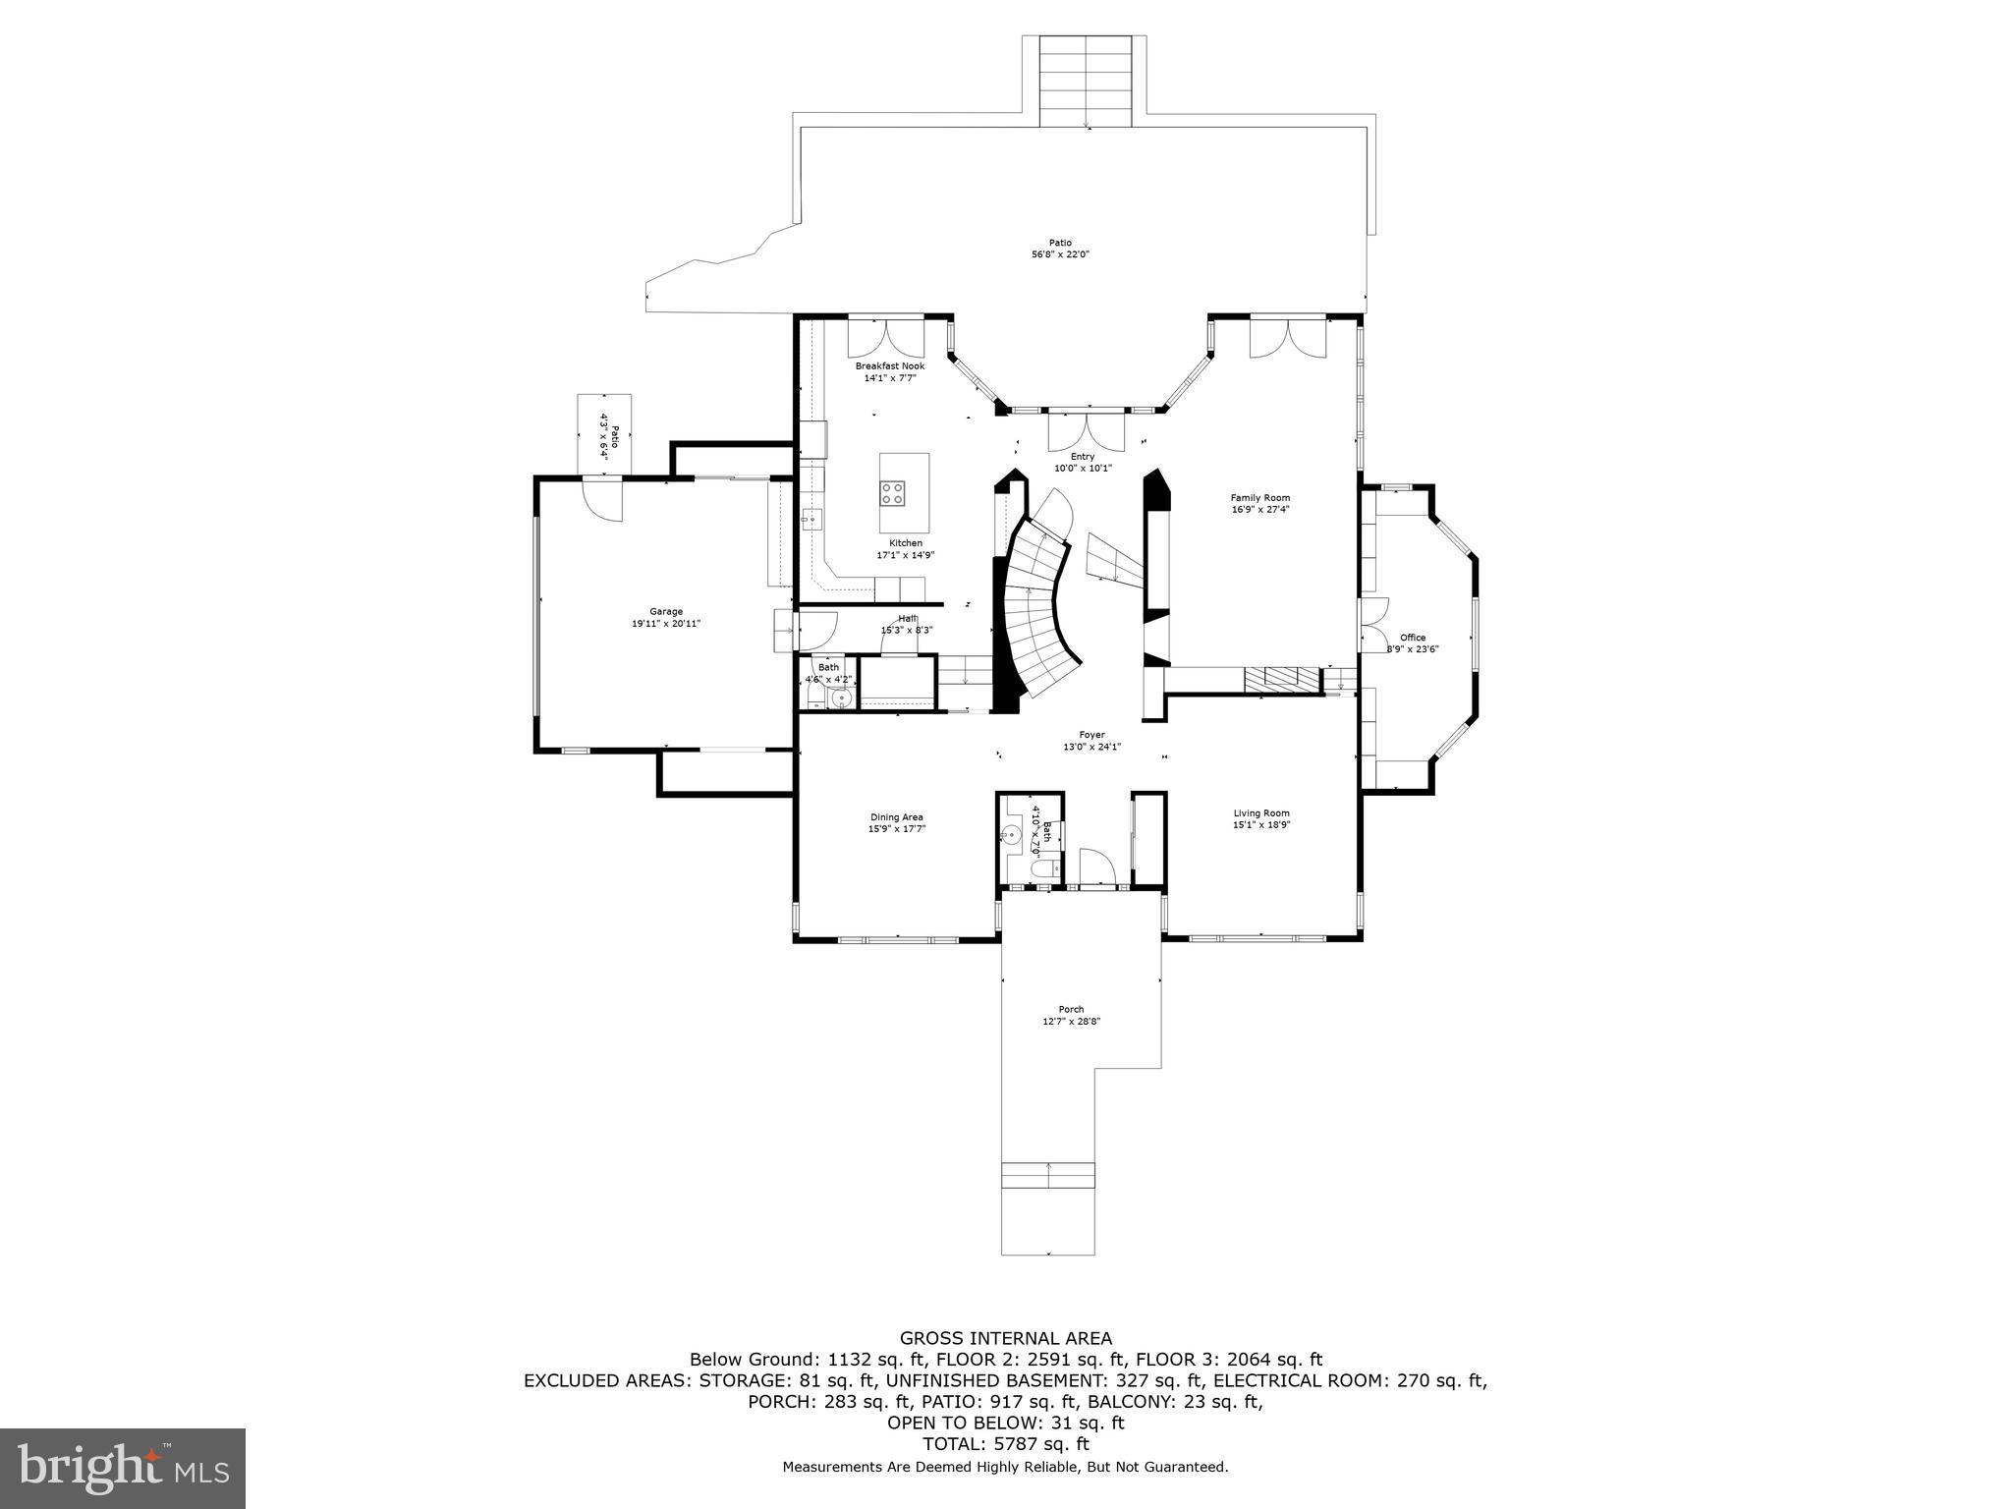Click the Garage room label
pos(665,611)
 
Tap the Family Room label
pos(1259,498)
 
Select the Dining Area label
pos(896,816)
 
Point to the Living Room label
pos(1261,812)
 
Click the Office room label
pos(1413,638)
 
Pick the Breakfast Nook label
pos(889,365)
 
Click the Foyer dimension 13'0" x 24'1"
pos(1091,747)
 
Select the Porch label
pos(1071,1009)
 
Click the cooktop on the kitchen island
pos(892,493)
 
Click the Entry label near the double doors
pos(1082,457)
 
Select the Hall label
pos(906,618)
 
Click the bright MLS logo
pos(123,1468)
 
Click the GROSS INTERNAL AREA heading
pos(1005,1337)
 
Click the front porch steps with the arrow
pos(1047,1175)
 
